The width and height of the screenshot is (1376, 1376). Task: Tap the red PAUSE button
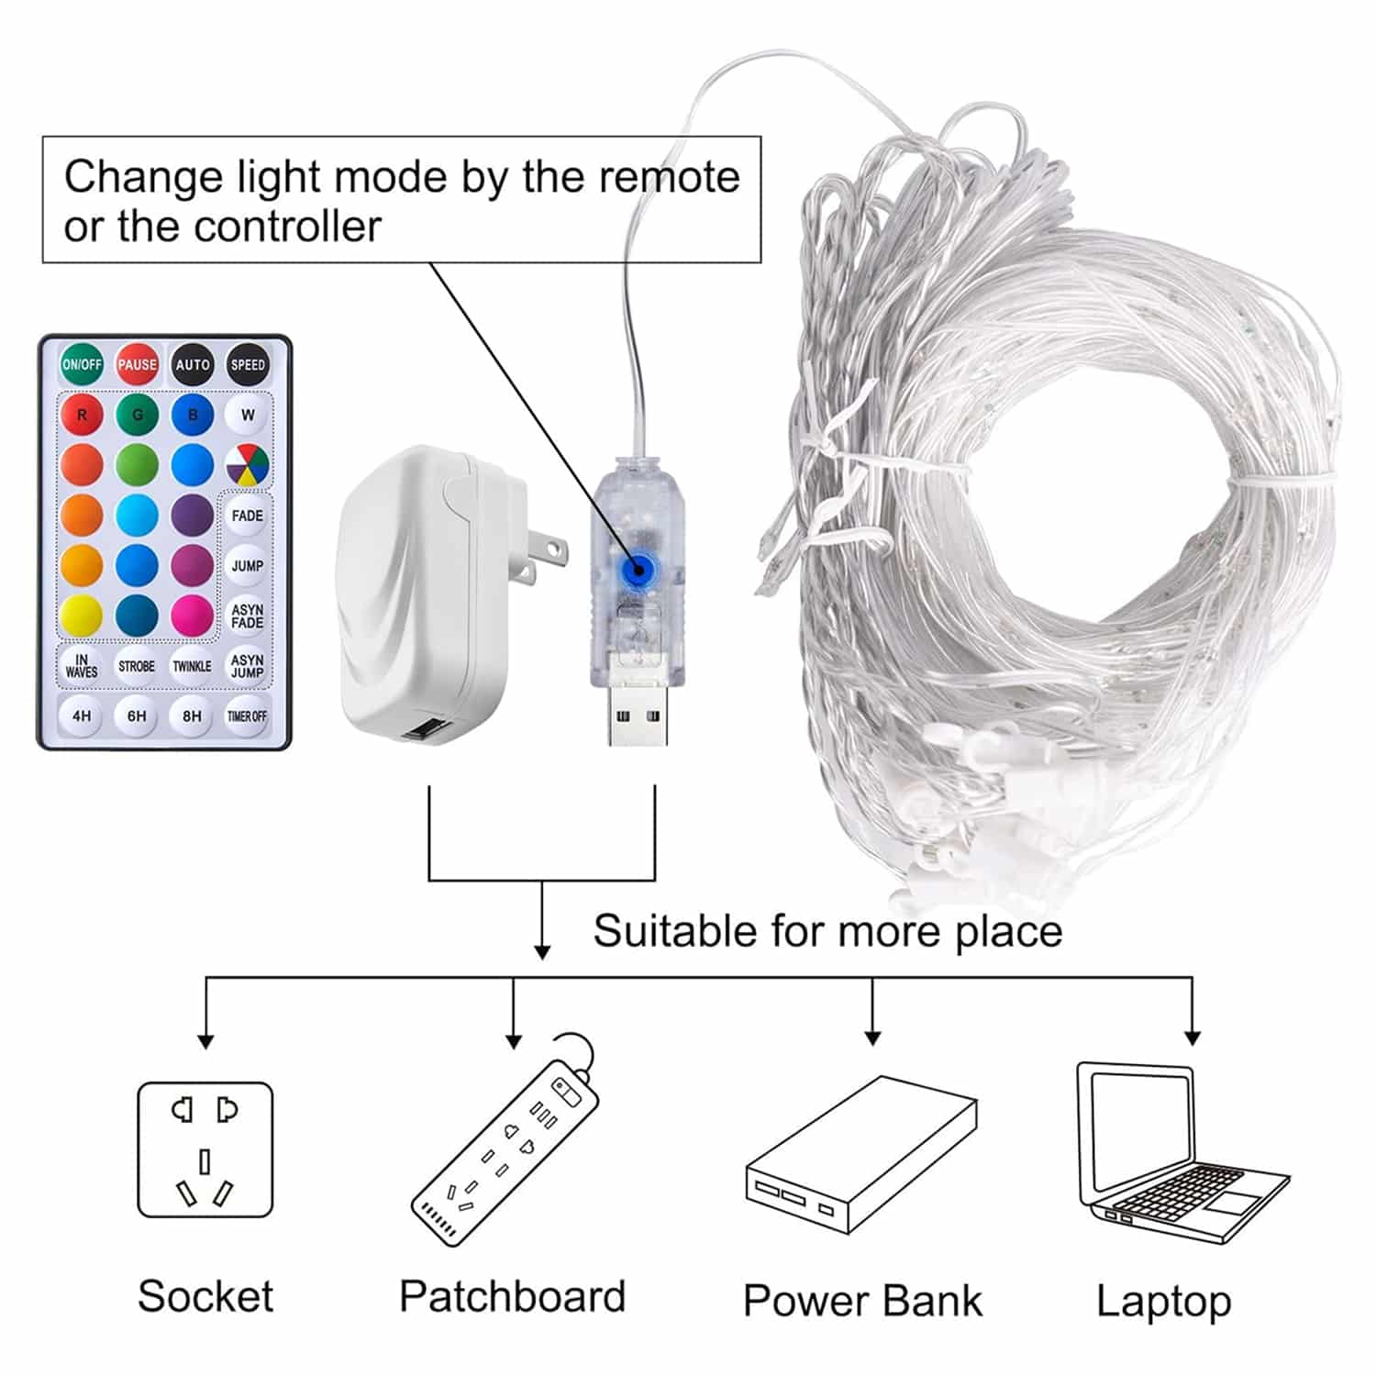[137, 364]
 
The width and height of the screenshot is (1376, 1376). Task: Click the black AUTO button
[192, 364]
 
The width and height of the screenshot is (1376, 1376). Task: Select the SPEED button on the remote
[247, 364]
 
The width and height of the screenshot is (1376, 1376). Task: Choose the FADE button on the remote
[247, 516]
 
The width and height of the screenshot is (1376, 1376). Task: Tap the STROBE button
[137, 666]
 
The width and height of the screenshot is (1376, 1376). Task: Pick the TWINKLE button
[192, 666]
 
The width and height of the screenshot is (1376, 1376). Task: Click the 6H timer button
[137, 716]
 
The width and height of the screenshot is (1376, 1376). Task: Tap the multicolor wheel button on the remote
[247, 465]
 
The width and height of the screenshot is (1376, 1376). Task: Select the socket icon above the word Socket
[205, 1149]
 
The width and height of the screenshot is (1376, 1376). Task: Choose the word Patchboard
[512, 1296]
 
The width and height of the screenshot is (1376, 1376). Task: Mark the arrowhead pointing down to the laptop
[1192, 1038]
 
